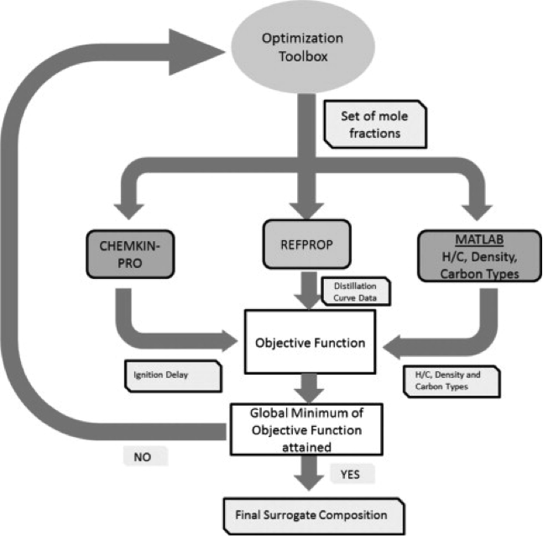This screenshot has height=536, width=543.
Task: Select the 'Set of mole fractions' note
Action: point(374,123)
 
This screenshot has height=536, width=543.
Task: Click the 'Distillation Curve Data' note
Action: point(354,291)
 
